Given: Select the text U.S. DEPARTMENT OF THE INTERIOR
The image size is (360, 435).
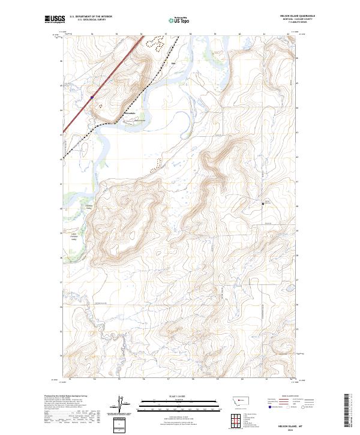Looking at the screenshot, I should click(x=91, y=17).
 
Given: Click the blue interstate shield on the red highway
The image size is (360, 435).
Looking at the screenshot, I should click(x=92, y=97).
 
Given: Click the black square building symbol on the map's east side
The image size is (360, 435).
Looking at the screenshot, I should click(x=263, y=203).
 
